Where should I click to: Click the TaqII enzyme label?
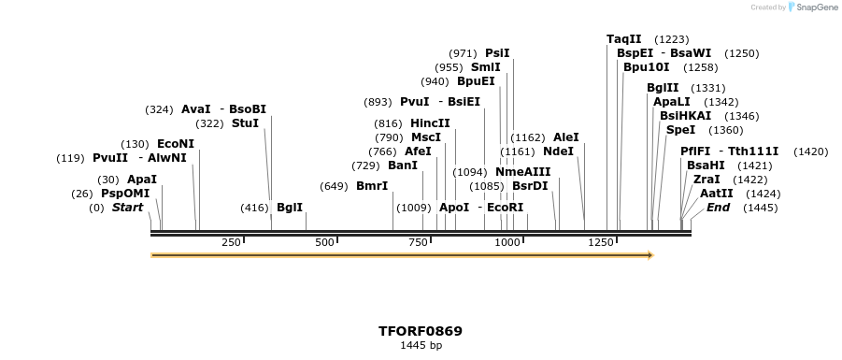pos(623,39)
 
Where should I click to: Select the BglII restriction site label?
pos(663,88)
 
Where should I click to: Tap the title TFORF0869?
pos(421,331)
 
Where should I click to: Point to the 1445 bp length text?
pos(421,346)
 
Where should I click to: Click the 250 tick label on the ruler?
pos(231,242)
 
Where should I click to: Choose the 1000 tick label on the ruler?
pos(507,242)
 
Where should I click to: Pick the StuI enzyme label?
pos(245,123)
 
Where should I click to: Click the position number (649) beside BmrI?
pos(334,186)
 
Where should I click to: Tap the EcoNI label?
pos(176,144)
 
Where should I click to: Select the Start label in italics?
pos(127,208)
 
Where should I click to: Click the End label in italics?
pos(718,208)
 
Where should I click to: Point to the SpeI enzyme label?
pos(680,130)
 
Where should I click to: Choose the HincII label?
pos(430,123)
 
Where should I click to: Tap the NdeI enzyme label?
pos(558,151)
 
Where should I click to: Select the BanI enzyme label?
pos(403,166)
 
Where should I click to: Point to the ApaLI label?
pos(672,102)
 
